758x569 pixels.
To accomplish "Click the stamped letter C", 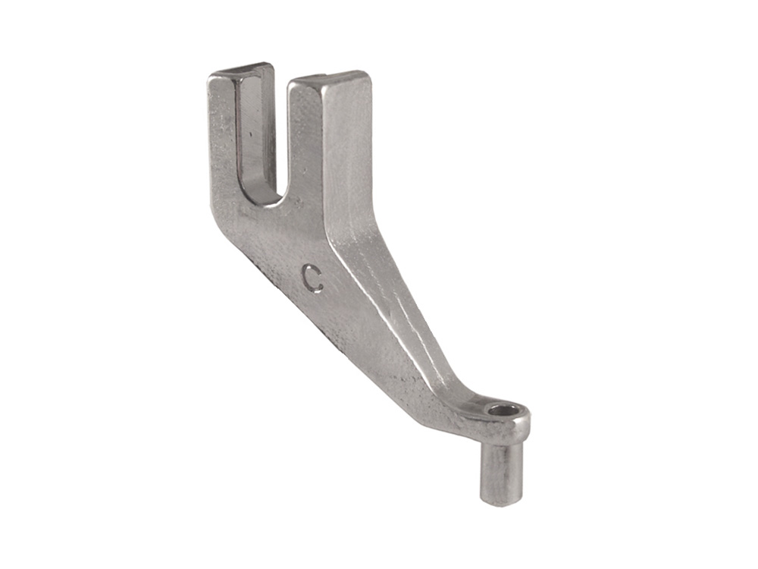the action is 312,278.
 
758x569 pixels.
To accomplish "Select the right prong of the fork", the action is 329,145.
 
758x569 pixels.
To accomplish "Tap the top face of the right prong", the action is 330,79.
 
